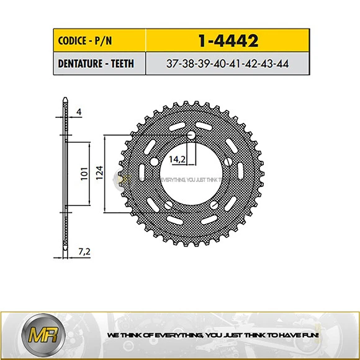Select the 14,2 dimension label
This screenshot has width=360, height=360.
(178, 160)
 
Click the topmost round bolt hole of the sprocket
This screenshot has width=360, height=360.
(191, 135)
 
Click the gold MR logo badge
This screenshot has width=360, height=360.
(36, 335)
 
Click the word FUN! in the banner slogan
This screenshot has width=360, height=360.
(310, 335)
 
